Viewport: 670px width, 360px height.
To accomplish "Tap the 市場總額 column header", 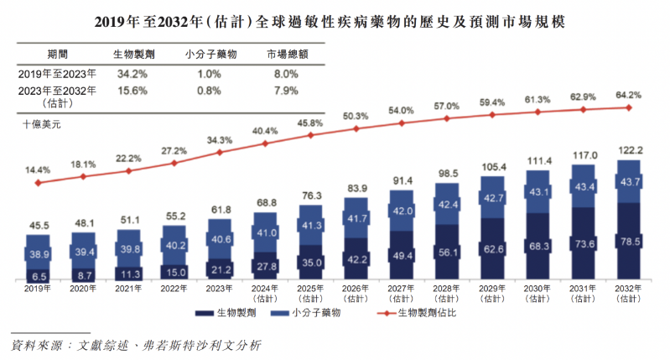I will click(286, 53).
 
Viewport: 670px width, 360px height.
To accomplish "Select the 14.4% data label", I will click(39, 170).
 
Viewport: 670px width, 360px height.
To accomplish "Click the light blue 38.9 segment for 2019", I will click(39, 253).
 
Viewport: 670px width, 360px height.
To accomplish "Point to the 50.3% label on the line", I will click(356, 116).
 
